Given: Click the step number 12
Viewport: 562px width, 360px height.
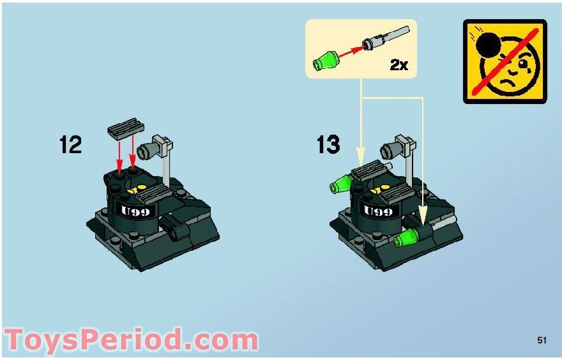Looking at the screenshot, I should (71, 144).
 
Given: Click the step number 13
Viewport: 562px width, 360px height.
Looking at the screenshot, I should (328, 144).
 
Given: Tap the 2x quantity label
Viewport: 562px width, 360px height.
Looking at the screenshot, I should (399, 65).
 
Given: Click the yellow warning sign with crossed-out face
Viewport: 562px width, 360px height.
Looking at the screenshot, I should (505, 61).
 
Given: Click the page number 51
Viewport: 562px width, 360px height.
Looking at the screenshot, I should (542, 341).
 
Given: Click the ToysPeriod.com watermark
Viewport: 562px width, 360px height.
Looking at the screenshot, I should (131, 340).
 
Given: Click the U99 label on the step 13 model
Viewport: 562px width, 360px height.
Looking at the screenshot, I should (378, 211).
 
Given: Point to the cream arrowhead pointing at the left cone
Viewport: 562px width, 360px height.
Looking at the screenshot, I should (361, 154).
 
